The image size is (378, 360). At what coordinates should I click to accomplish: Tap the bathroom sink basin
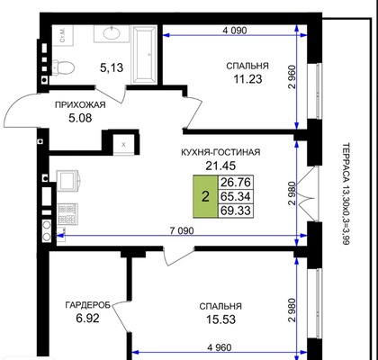point(112,33)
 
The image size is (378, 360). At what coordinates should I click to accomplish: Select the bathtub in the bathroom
point(145,54)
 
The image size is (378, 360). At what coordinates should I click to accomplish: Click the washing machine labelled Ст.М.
point(63,35)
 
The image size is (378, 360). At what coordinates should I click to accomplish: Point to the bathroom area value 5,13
point(112,67)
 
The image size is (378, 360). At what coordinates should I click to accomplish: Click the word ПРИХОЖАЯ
point(80,105)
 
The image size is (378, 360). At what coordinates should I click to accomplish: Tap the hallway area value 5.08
point(80,118)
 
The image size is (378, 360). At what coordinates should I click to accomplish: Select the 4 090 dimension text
point(235,31)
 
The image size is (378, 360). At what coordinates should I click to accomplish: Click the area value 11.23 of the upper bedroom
point(247,79)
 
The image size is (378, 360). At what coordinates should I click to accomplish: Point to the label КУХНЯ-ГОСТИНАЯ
point(220,152)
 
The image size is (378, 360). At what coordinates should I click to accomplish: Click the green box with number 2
point(205,196)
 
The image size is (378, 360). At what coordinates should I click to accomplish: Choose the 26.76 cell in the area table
point(236,182)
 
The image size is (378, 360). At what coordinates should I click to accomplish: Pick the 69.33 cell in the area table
point(236,211)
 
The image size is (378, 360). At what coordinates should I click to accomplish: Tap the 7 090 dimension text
point(181,230)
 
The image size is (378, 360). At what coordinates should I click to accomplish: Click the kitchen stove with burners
point(67,213)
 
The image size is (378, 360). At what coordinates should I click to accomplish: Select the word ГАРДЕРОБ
point(88,305)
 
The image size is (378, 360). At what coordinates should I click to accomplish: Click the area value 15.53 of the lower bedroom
point(220,319)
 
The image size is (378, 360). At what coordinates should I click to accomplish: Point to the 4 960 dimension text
point(220,347)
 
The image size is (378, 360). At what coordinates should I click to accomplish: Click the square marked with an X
point(123,145)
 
